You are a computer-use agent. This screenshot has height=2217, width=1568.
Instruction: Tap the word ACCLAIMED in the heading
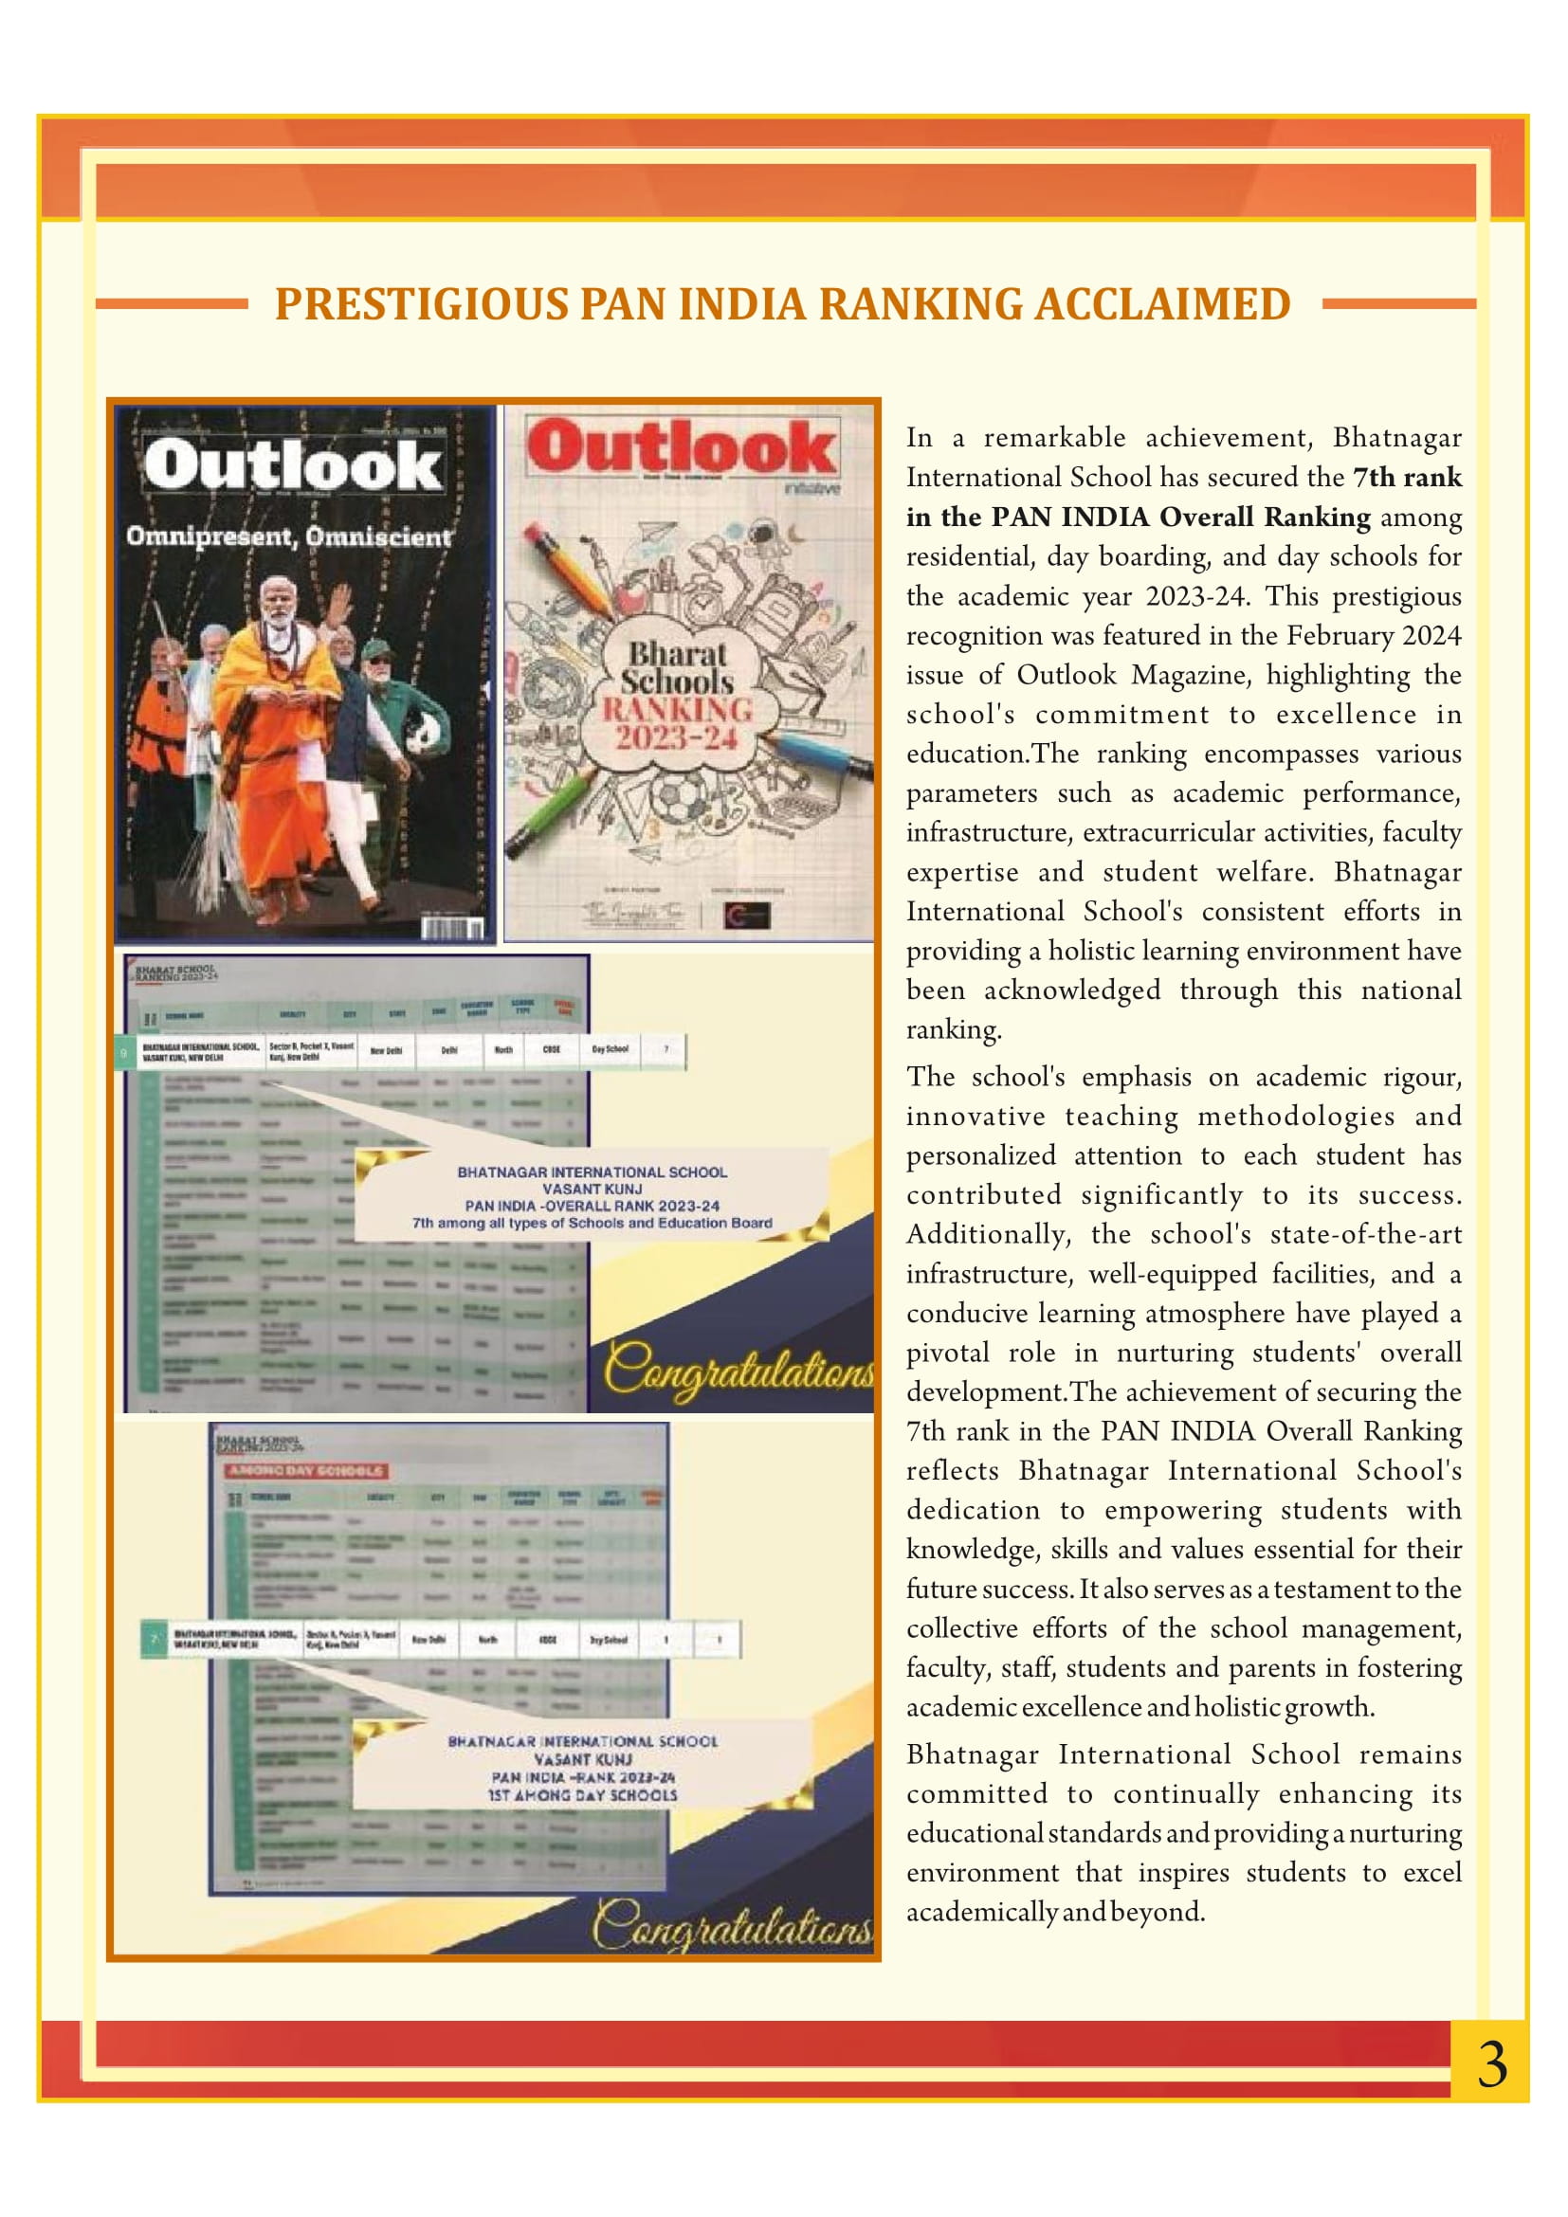(x=1162, y=304)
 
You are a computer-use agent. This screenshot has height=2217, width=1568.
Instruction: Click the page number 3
(x=1491, y=2065)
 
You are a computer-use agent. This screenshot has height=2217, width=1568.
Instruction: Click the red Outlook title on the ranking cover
(x=681, y=448)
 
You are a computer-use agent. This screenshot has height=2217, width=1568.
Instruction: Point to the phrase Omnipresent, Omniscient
(x=289, y=536)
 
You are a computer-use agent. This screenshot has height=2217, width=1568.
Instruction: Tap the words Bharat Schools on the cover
(x=678, y=666)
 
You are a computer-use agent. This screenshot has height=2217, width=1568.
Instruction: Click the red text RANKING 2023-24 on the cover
(x=678, y=724)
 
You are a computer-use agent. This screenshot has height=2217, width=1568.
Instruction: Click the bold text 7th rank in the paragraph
(x=1407, y=477)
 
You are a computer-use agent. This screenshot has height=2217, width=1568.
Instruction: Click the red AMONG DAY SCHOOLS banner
(x=306, y=1471)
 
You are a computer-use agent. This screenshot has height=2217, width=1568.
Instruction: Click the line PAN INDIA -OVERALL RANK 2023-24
(x=592, y=1206)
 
